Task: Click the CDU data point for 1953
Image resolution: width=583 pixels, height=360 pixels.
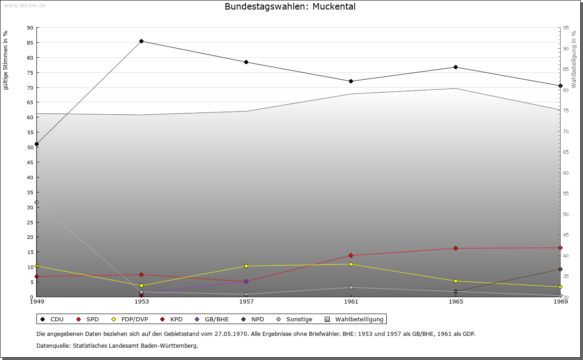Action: tap(141, 41)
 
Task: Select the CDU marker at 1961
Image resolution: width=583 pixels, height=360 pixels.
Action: tap(351, 81)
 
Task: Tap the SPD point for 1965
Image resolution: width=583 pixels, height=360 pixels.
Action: tap(456, 248)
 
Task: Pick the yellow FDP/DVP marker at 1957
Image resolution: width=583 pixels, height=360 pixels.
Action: tap(246, 266)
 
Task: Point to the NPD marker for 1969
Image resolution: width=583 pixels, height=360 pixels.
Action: tap(560, 269)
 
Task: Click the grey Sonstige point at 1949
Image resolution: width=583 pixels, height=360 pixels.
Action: tap(37, 202)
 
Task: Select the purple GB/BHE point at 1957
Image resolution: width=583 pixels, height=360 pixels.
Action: tap(246, 281)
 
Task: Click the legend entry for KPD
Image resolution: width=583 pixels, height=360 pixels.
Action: tap(172, 319)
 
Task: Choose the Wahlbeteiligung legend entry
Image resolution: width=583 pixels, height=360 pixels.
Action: tap(354, 319)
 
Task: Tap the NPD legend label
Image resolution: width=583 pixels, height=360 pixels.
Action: tap(258, 319)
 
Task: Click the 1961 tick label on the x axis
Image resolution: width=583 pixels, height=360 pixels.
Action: tap(351, 302)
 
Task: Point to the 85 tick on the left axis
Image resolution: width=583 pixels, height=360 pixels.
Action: tap(30, 43)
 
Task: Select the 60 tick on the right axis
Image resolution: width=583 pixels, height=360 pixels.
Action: tap(566, 173)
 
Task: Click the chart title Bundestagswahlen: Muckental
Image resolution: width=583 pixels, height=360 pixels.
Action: tap(290, 6)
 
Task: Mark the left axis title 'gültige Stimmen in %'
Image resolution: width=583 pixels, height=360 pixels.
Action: tap(5, 60)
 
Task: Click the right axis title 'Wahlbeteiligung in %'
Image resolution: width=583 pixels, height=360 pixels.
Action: tap(573, 59)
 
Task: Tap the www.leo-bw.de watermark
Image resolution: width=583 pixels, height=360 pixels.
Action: tap(25, 5)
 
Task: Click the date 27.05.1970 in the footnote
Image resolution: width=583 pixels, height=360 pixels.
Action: tap(231, 334)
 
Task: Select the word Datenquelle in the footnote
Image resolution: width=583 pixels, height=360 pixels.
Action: tap(53, 346)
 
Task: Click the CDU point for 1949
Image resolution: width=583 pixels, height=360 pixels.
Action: tap(37, 144)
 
